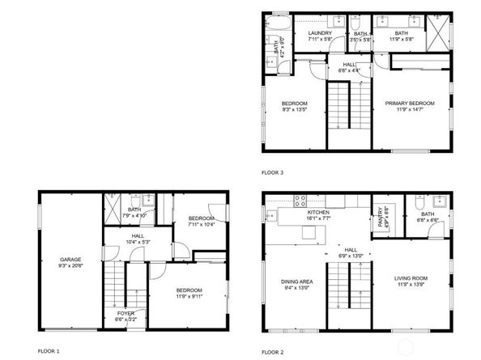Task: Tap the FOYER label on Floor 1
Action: click(126, 312)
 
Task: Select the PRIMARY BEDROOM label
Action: click(410, 104)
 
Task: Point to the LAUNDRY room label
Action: click(321, 33)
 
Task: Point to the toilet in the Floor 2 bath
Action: click(419, 201)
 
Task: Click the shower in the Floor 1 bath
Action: click(115, 199)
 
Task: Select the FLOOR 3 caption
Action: click(272, 172)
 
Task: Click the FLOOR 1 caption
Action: click(49, 351)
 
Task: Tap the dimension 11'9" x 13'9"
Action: click(412, 285)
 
